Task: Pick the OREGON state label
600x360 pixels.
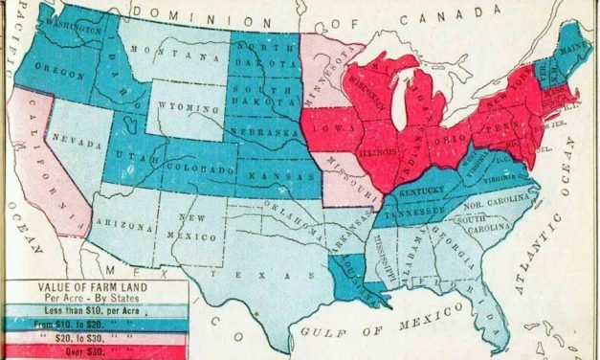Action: pos(56,68)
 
